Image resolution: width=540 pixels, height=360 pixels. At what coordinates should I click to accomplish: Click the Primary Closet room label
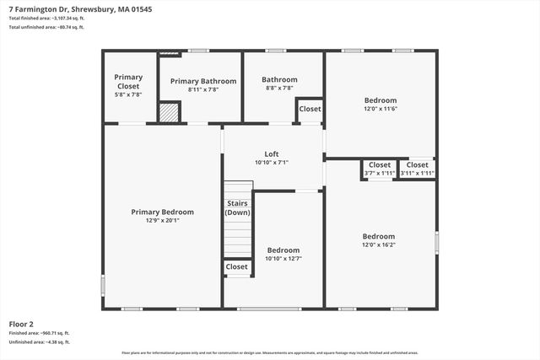click(x=128, y=77)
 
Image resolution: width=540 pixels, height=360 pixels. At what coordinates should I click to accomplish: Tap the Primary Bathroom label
click(x=202, y=81)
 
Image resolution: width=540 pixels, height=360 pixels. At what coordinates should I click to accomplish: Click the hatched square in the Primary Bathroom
click(x=170, y=113)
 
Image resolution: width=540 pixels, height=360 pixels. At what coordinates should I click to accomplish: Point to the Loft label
click(x=272, y=153)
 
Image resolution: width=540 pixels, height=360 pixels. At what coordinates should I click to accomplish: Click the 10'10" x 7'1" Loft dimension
click(x=272, y=162)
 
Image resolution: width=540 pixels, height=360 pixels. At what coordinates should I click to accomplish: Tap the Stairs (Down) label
click(x=237, y=208)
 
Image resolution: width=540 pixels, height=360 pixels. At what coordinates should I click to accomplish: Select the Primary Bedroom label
click(x=162, y=212)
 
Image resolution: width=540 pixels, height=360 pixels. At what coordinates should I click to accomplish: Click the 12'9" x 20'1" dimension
click(x=162, y=220)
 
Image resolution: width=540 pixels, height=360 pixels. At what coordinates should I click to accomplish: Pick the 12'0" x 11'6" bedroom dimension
click(x=380, y=109)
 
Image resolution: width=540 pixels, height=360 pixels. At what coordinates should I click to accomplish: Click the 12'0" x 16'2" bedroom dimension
click(x=379, y=245)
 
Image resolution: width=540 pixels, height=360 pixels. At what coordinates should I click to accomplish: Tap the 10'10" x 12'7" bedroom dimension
click(x=283, y=259)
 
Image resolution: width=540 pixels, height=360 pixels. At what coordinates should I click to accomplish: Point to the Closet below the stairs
click(x=237, y=267)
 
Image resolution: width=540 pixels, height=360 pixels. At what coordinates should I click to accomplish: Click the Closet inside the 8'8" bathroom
click(x=310, y=110)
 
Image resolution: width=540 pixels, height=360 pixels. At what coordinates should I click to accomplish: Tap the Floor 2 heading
click(x=21, y=324)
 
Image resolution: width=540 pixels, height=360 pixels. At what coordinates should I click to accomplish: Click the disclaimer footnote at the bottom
click(x=270, y=352)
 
